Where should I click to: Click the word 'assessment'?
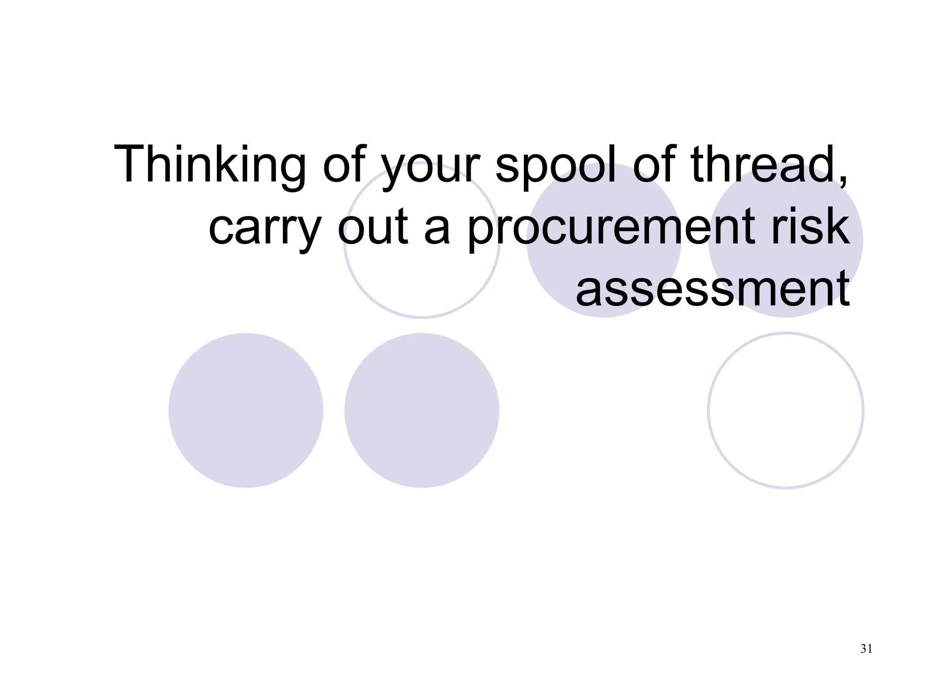click(x=712, y=288)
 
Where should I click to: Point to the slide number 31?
click(x=866, y=649)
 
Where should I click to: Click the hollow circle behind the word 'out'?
click(x=422, y=281)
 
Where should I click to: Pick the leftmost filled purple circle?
click(x=246, y=410)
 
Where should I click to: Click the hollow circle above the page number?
click(x=786, y=410)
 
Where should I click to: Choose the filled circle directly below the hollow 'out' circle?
click(x=422, y=410)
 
